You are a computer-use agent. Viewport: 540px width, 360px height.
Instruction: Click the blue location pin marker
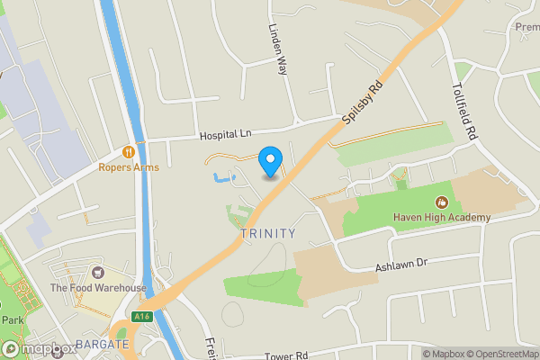tap(269, 161)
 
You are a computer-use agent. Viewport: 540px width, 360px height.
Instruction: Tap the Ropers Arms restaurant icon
tap(129, 152)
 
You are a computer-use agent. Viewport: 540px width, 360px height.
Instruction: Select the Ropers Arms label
tap(129, 167)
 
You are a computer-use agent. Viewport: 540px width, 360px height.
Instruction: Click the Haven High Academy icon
tap(442, 202)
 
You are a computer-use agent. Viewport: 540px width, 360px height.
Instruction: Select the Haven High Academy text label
tap(442, 218)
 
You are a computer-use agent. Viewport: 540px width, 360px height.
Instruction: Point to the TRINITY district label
tap(268, 234)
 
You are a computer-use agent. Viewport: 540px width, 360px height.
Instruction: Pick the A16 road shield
tap(141, 316)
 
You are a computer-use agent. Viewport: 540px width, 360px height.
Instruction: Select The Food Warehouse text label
tap(97, 288)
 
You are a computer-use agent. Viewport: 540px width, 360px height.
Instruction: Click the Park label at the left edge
tap(11, 320)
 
